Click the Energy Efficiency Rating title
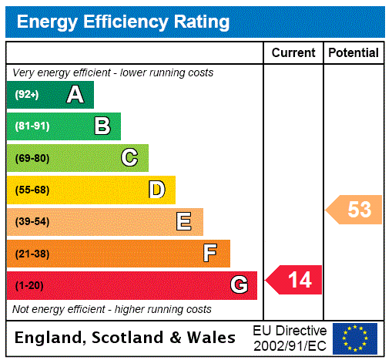coord(122,22)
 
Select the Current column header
coord(293,53)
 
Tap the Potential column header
coord(353,53)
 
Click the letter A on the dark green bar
coord(75,95)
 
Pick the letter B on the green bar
coord(102,126)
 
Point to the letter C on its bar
coord(129,158)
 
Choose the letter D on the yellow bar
coord(156,190)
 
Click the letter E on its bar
coord(184,222)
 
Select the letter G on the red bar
coord(239,286)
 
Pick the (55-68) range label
coord(32,190)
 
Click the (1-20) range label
coord(29,286)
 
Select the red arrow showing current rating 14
coord(294,280)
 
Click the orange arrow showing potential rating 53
coord(354,210)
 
